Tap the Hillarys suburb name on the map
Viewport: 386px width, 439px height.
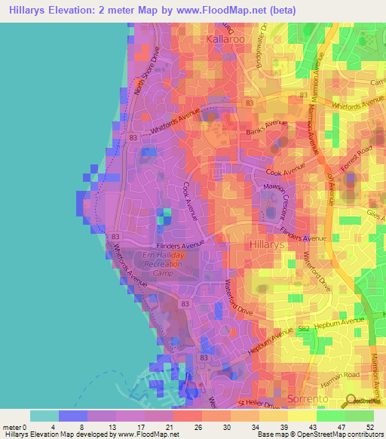[x=265, y=244]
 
